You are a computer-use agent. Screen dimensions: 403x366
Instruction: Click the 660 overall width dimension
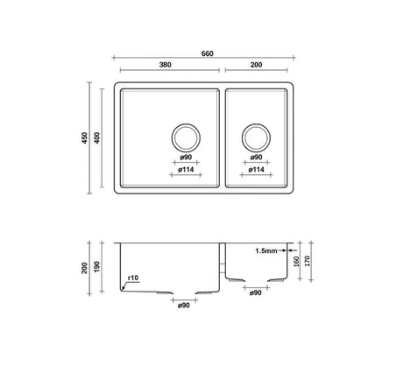click(x=208, y=53)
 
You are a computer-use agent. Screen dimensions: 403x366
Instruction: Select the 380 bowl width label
click(x=166, y=65)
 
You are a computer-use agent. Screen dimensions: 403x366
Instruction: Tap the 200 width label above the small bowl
click(x=256, y=65)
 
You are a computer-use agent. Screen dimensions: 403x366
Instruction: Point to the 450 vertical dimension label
click(x=84, y=137)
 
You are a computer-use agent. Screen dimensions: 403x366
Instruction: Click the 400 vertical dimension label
click(x=97, y=137)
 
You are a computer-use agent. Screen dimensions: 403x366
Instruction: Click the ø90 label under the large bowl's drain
click(x=186, y=157)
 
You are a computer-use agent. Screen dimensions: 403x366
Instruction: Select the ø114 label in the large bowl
click(x=186, y=169)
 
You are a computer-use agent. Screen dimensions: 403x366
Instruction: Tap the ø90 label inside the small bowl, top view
click(x=256, y=157)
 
